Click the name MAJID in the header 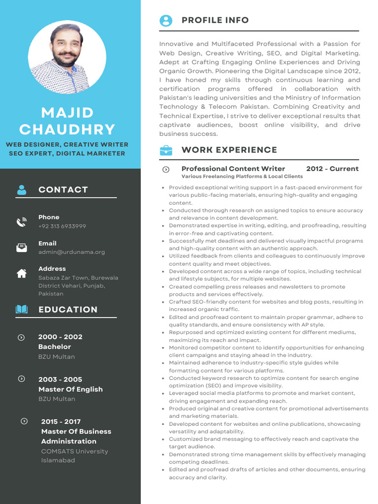[x=67, y=113]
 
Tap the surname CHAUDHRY [x=67, y=129]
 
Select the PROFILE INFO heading [x=215, y=20]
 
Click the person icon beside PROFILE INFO [x=166, y=20]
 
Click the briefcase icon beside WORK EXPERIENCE [x=166, y=150]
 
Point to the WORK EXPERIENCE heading [x=229, y=150]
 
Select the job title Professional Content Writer [x=233, y=169]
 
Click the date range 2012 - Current [x=332, y=169]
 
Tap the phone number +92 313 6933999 [x=62, y=226]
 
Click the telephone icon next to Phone [x=21, y=222]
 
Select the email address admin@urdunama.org [x=71, y=252]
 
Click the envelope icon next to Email [x=22, y=248]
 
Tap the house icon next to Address [x=22, y=274]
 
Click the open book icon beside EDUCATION [x=22, y=310]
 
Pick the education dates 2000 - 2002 [x=60, y=337]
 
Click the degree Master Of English [x=70, y=389]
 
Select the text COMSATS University [x=74, y=451]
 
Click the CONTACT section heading [x=63, y=189]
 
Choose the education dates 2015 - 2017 [x=61, y=422]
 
